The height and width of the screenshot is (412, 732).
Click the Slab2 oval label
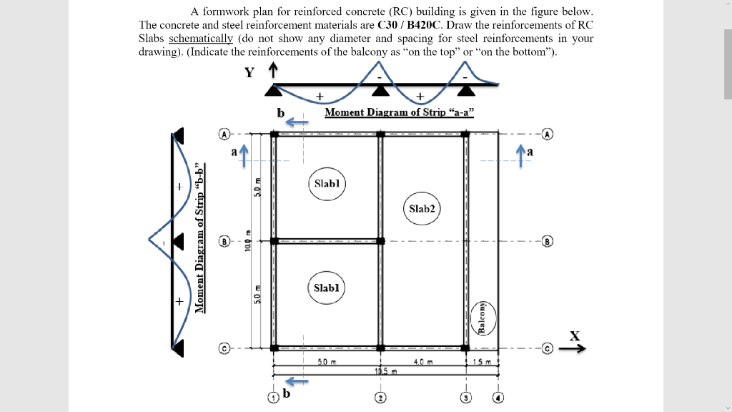tap(421, 208)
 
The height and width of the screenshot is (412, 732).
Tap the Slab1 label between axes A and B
tap(327, 183)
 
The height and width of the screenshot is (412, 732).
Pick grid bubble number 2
tap(381, 397)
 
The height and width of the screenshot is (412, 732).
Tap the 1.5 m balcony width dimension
tap(483, 363)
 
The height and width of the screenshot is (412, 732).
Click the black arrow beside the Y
tap(272, 72)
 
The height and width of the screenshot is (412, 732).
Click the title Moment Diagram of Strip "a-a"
tap(399, 112)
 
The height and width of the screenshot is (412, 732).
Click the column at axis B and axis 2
tap(381, 241)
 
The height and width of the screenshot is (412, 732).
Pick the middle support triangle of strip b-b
tap(177, 242)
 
